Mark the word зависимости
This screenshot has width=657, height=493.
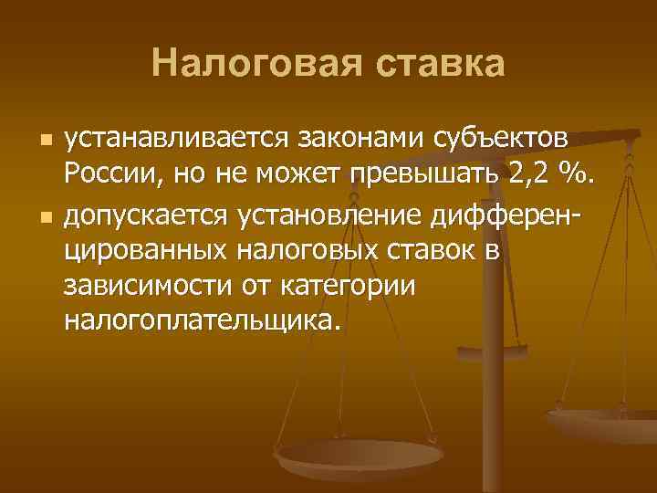[145, 284]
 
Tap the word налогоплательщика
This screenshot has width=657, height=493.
[201, 319]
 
